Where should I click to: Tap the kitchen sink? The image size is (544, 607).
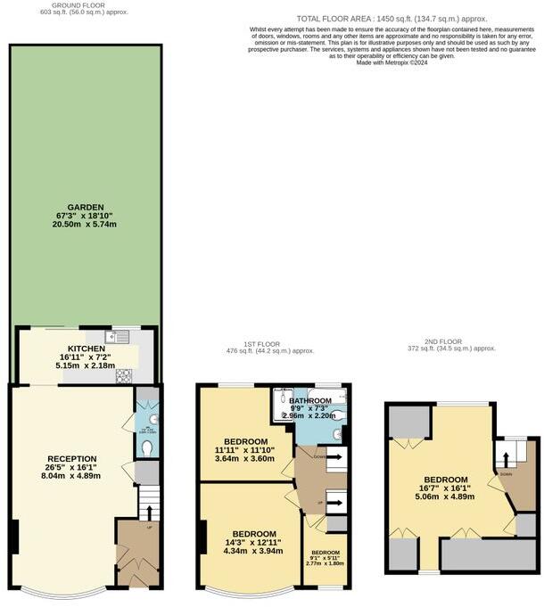118,337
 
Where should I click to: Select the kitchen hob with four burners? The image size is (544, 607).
122,376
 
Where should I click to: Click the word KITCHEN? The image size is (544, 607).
87,349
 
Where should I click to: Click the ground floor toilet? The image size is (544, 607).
148,447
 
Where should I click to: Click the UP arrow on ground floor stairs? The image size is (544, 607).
148,513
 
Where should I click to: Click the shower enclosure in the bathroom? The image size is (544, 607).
283,406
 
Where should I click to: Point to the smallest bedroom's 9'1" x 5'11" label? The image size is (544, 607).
325,558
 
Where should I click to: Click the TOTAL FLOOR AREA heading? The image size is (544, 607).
392,19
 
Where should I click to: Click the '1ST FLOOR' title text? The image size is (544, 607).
259,343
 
